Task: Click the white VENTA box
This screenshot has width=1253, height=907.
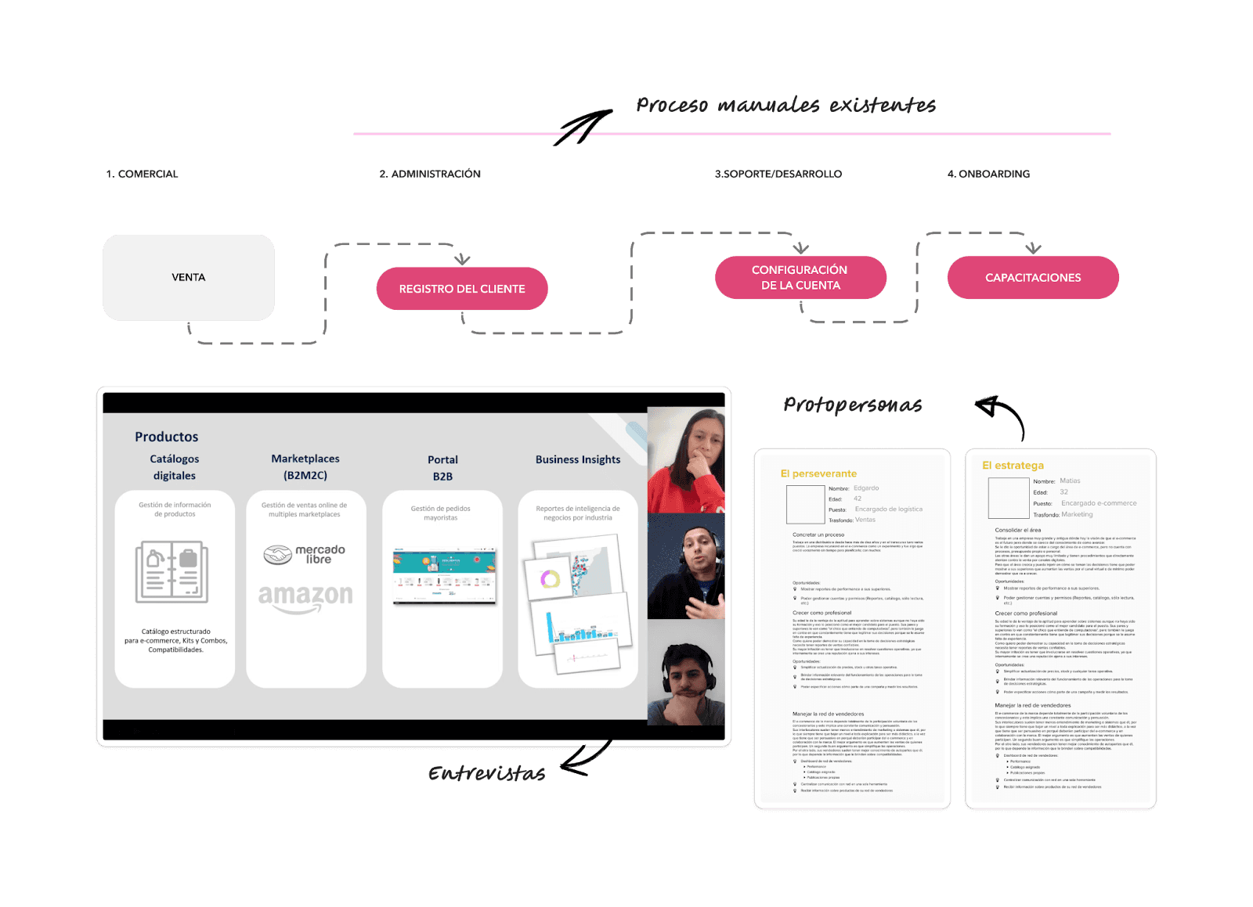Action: click(x=189, y=278)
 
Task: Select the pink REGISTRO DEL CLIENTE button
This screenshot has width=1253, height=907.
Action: click(x=462, y=289)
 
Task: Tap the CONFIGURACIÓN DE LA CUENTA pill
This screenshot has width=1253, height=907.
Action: click(x=800, y=278)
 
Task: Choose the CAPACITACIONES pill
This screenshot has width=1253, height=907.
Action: click(x=1033, y=278)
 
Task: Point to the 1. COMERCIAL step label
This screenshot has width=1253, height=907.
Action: click(x=143, y=175)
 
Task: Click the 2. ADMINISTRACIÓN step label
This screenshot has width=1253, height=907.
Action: click(x=430, y=175)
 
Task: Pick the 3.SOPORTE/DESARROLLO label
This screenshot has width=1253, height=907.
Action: click(x=778, y=175)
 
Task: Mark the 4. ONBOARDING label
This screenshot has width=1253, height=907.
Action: click(x=988, y=175)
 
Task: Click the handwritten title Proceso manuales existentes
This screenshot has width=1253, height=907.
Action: click(x=785, y=106)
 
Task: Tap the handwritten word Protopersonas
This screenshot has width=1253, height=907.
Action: click(x=852, y=405)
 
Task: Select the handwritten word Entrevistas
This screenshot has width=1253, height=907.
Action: click(x=486, y=774)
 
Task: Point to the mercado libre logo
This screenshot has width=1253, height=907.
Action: click(x=305, y=554)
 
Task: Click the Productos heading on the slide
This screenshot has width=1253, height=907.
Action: click(x=167, y=437)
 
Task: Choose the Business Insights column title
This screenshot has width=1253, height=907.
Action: click(x=578, y=459)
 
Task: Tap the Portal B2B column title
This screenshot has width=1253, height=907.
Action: click(x=442, y=468)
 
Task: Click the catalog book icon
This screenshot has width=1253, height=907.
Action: click(x=172, y=571)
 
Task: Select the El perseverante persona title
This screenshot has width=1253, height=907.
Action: click(x=818, y=473)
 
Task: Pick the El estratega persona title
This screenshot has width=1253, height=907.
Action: click(x=1013, y=466)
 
